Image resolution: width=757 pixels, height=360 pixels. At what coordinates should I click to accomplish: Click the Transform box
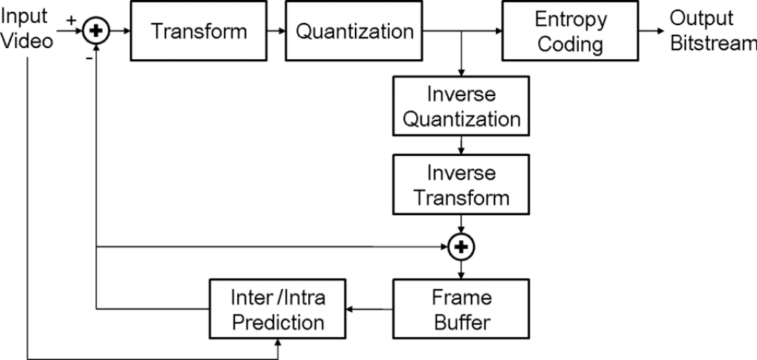(198, 31)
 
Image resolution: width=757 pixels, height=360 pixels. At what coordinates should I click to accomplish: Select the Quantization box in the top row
(354, 31)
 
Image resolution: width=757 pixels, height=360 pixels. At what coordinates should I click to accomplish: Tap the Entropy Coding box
(570, 31)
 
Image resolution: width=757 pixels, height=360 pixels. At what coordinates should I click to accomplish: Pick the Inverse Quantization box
(461, 106)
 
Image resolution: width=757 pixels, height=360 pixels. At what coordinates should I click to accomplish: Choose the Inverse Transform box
(461, 184)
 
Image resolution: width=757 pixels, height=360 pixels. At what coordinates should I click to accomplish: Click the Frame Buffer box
(461, 308)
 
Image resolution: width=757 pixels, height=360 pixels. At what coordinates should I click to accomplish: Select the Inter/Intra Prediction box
(278, 308)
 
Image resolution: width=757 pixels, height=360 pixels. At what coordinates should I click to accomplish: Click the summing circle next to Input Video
(97, 31)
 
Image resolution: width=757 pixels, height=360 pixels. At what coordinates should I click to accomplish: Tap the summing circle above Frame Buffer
(461, 247)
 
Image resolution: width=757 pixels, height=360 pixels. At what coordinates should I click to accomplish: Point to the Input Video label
(27, 29)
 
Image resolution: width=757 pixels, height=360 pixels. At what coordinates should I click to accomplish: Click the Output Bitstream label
(713, 31)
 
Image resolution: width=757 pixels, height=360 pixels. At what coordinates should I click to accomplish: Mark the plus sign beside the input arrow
(71, 20)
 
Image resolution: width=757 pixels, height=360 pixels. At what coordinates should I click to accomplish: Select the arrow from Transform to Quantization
(276, 31)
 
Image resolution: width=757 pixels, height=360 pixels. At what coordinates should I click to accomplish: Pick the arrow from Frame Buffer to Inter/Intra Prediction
(370, 309)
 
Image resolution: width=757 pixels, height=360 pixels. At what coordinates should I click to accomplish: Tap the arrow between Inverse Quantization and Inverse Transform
(461, 145)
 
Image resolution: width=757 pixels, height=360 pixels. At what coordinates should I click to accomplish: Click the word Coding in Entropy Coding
(570, 44)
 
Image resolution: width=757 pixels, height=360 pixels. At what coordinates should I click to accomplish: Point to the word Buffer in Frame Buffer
(462, 322)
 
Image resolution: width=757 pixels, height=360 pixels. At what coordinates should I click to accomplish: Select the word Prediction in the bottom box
(278, 322)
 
